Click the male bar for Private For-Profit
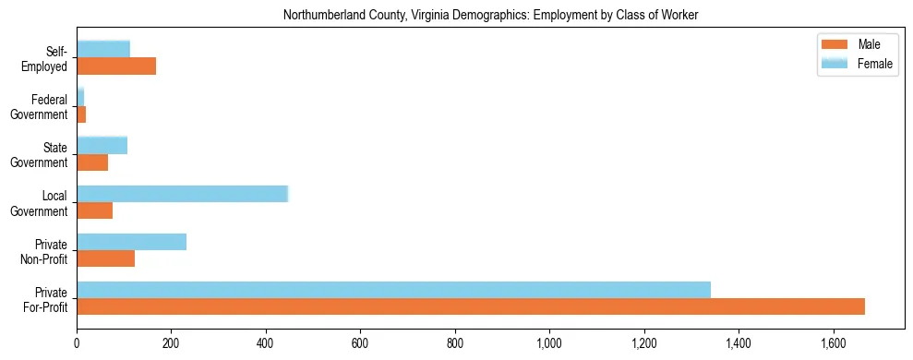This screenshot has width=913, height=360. point(471,306)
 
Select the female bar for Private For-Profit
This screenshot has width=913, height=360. point(393,290)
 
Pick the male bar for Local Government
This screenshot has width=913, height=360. point(94,210)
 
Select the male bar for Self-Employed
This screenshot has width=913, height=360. point(116,66)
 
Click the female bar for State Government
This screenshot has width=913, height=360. point(102,146)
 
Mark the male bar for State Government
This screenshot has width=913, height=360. point(92,162)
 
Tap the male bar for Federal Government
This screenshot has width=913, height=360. point(81,114)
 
